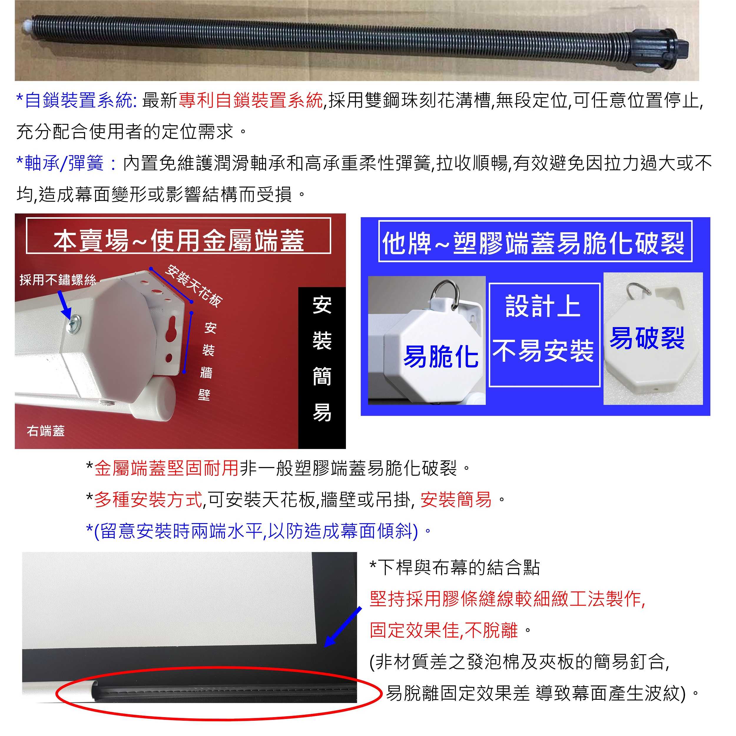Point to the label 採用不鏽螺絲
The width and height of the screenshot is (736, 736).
[57, 280]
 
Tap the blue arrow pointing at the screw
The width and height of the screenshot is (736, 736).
[65, 304]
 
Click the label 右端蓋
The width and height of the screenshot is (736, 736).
[46, 431]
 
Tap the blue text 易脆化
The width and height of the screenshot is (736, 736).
[441, 357]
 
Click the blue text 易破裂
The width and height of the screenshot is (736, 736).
[647, 338]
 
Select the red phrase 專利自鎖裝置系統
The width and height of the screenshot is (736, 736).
[250, 101]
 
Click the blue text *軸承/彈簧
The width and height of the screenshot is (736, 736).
[60, 163]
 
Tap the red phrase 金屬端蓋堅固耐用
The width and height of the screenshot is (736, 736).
[166, 468]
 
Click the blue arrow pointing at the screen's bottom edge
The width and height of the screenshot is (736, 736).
[343, 627]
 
